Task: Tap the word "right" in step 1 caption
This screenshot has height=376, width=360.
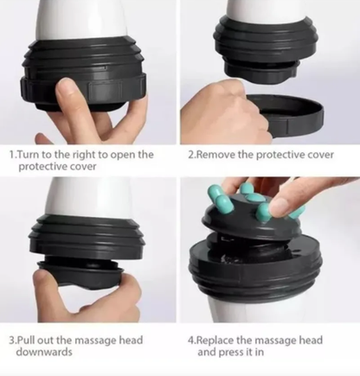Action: tap(84, 155)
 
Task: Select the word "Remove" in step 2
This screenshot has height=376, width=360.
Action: tap(215, 155)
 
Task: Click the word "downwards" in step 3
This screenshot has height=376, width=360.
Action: tap(44, 352)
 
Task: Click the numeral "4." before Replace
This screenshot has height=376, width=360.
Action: tap(191, 341)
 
